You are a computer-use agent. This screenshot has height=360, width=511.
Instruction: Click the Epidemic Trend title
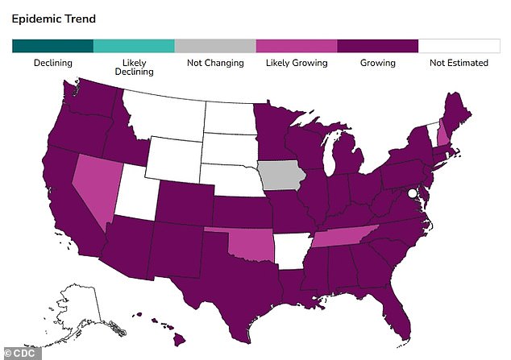53,19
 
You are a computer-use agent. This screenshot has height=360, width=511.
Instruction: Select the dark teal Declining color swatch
52,46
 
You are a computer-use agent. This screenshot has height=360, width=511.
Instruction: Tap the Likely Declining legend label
134,68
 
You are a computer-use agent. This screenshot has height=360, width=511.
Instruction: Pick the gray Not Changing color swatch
215,46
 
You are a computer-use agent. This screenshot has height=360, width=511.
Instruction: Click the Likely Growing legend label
297,63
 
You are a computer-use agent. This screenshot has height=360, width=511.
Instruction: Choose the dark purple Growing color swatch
378,46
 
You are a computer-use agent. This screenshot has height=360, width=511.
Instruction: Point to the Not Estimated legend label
459,63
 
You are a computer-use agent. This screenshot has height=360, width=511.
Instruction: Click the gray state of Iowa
279,174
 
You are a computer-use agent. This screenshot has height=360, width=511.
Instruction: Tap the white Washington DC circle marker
412,193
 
